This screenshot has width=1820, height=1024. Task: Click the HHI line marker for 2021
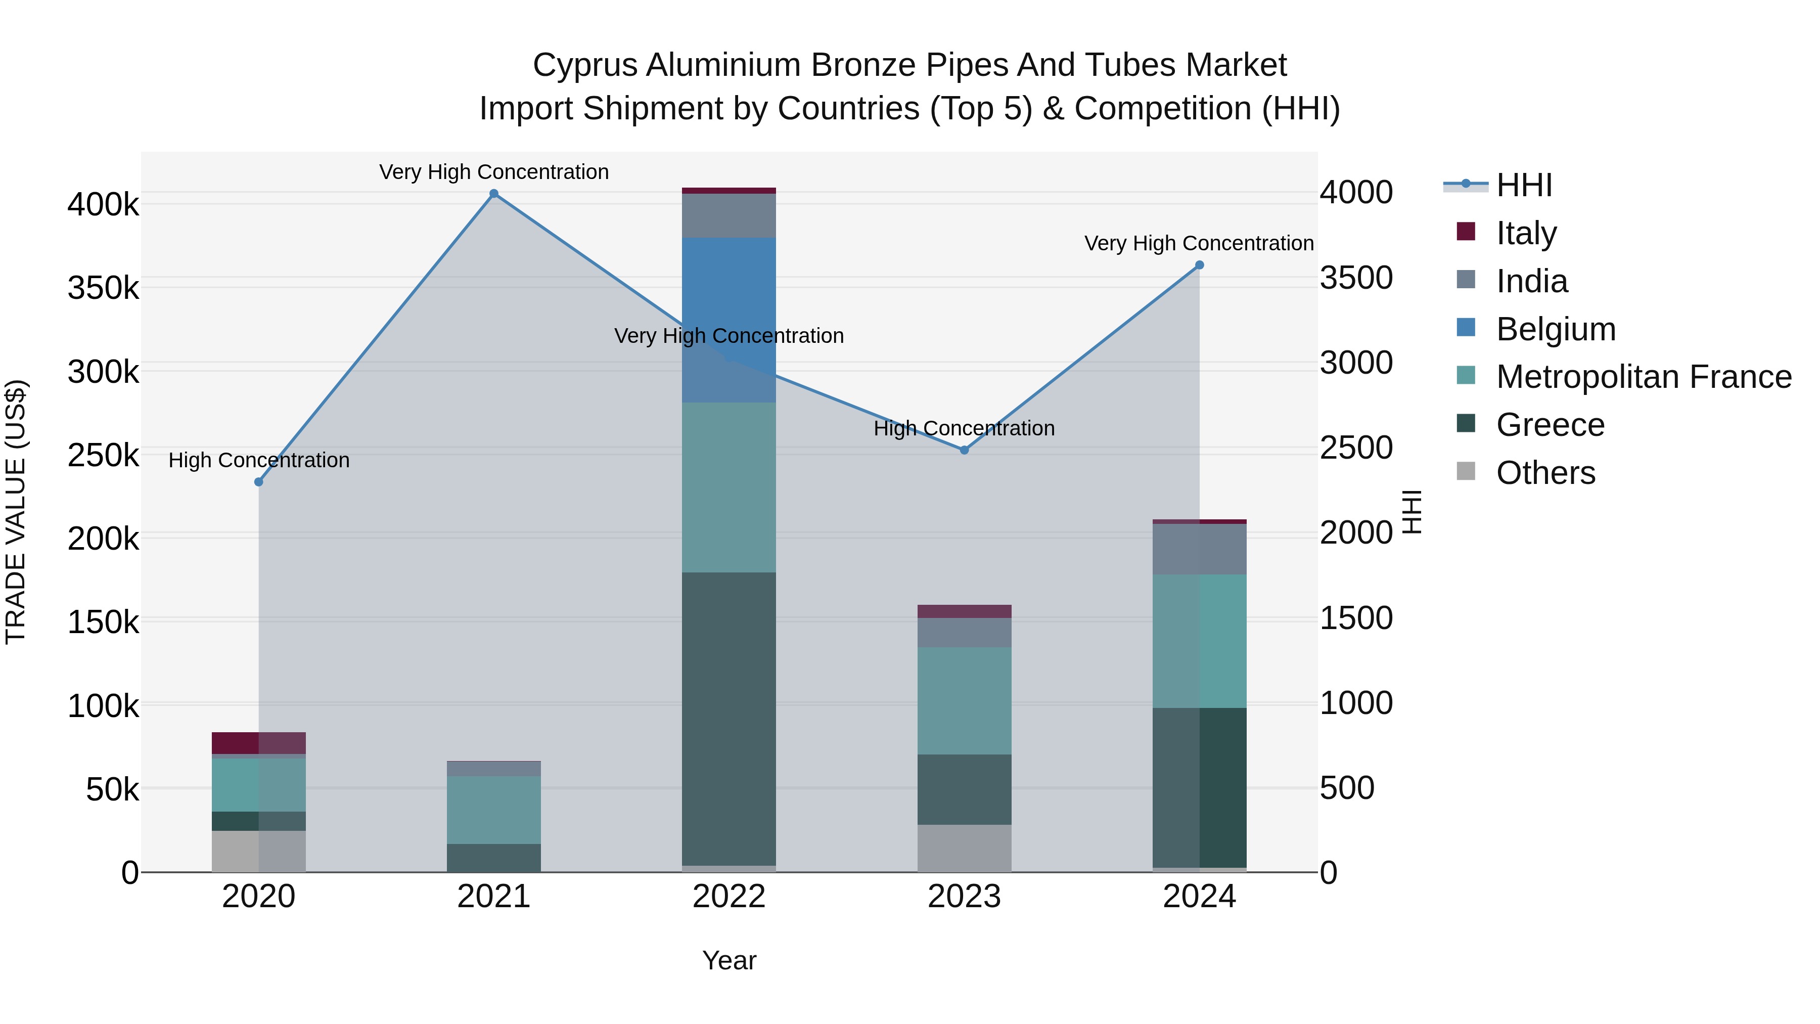(494, 194)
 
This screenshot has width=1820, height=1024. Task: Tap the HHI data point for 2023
(965, 450)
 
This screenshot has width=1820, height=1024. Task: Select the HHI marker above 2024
(1200, 265)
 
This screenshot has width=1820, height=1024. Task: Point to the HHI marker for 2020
(258, 482)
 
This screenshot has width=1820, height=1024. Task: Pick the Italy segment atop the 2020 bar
(258, 743)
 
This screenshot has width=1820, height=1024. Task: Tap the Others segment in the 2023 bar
(965, 848)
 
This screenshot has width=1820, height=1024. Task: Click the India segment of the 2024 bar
(1200, 549)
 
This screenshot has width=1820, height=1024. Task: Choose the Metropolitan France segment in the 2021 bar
(494, 810)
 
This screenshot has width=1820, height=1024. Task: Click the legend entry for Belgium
(1556, 329)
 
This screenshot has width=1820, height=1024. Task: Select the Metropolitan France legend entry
(1644, 377)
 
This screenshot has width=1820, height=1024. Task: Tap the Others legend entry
(1545, 473)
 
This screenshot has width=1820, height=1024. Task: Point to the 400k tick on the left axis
(103, 205)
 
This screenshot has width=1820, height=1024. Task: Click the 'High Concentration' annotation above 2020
(258, 461)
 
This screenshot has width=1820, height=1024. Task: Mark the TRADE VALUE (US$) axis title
(16, 512)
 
